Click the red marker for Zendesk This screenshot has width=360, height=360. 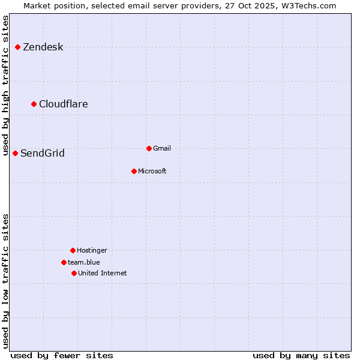[x=18, y=47]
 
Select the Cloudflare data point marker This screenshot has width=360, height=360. [x=34, y=104]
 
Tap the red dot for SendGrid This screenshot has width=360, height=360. [x=16, y=153]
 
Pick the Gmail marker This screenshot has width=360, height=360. [x=149, y=148]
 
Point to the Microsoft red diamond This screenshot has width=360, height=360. [x=134, y=171]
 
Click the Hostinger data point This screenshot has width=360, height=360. [x=73, y=250]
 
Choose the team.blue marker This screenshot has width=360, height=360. [x=64, y=262]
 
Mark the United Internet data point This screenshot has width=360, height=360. [x=74, y=273]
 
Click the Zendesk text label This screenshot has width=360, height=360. [x=43, y=47]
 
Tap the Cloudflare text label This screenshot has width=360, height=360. [x=63, y=104]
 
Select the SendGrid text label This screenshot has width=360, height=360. [x=42, y=154]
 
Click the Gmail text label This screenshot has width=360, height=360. [x=162, y=149]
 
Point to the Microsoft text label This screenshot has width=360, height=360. [x=152, y=172]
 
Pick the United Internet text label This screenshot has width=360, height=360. [x=102, y=274]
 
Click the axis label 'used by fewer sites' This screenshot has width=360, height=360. [x=62, y=355]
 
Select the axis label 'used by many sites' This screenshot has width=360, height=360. [x=301, y=355]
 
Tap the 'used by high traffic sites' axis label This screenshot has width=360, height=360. [x=6, y=86]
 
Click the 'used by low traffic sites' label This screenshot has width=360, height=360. [x=6, y=281]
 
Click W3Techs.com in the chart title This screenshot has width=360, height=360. [x=308, y=6]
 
